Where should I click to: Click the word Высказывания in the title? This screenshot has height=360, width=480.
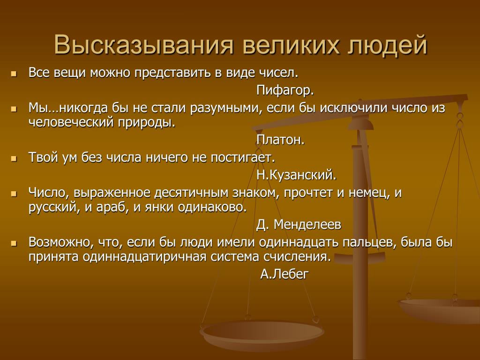click(x=144, y=45)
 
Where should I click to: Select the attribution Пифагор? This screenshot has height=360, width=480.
click(x=285, y=90)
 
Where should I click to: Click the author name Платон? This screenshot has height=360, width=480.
click(x=280, y=140)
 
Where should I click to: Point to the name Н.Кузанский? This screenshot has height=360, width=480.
click(x=296, y=175)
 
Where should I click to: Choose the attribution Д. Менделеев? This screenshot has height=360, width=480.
click(x=299, y=225)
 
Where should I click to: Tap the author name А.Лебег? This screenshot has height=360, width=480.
click(x=285, y=274)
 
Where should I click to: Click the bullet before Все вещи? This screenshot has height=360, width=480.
click(x=13, y=74)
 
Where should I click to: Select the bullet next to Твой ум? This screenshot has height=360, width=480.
click(x=13, y=159)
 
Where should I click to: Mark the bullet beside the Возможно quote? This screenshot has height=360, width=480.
click(x=13, y=244)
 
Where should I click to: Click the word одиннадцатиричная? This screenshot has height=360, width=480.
click(x=143, y=256)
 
